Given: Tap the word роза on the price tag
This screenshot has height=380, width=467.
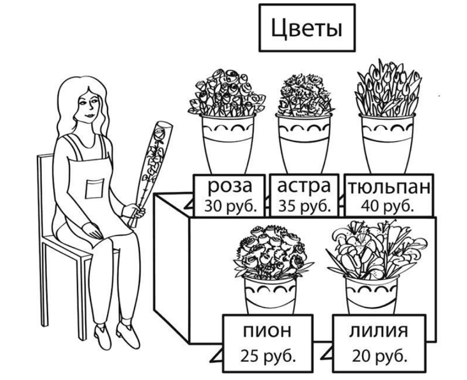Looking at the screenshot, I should pos(231,186).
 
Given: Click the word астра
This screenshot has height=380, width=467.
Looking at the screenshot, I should pos(304,186).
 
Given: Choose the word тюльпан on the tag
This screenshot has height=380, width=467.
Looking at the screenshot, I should pos(388,187).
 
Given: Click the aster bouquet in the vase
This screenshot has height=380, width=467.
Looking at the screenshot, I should pos(303,95).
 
